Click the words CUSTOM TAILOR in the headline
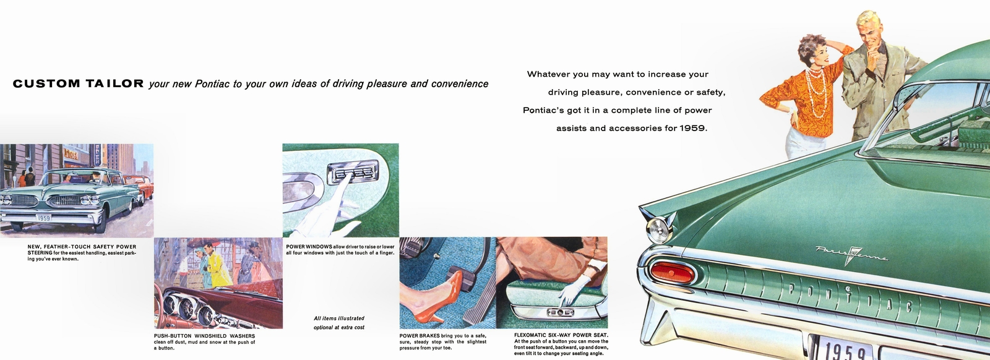(78, 84)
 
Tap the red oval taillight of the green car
(672, 272)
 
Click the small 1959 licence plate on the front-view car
(44, 218)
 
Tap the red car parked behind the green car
(140, 188)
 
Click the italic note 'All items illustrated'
(339, 318)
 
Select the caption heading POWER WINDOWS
(309, 246)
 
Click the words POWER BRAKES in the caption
(420, 336)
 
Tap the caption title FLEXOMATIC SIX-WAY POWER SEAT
(561, 335)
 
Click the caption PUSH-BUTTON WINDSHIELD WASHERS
(204, 336)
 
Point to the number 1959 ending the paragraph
(693, 129)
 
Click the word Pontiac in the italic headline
(212, 84)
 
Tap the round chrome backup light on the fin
(658, 229)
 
